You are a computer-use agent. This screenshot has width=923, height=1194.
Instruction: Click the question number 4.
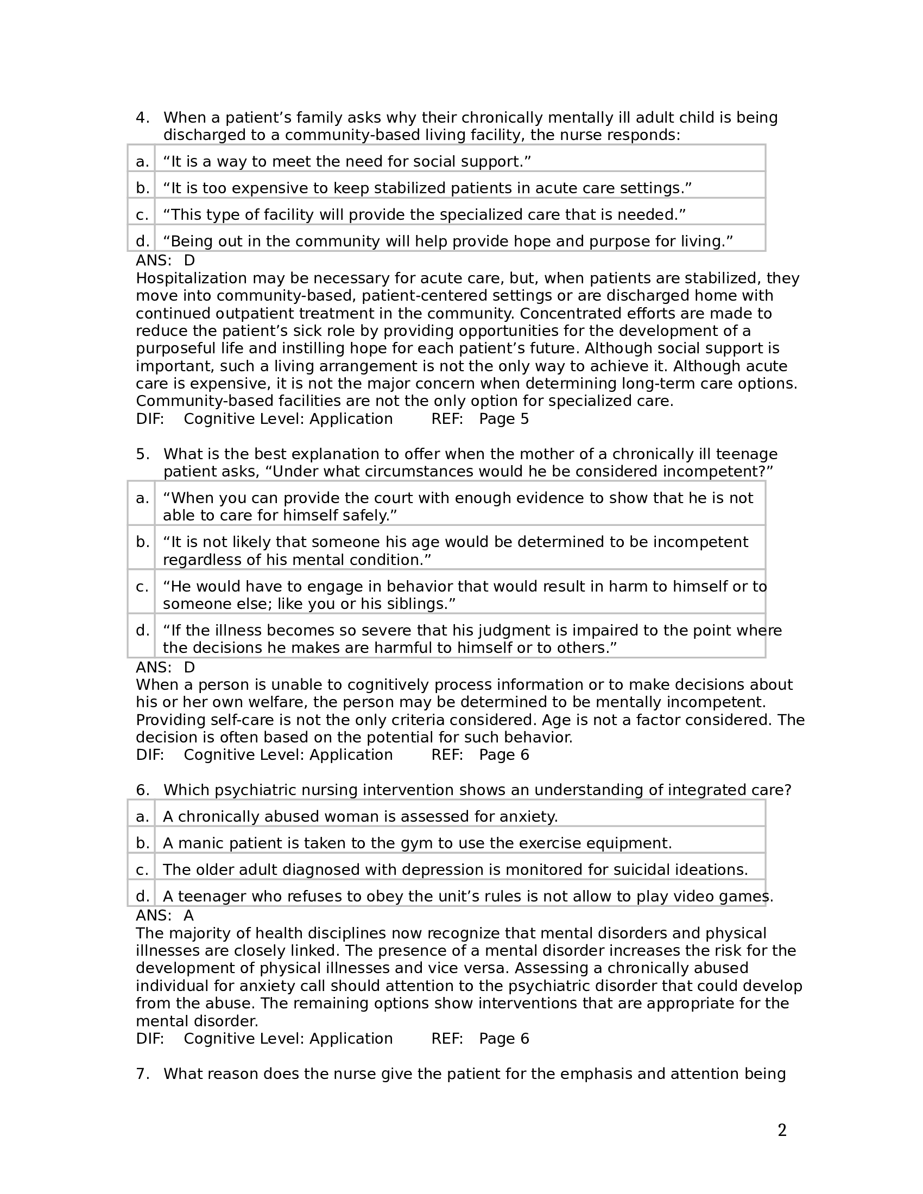142,118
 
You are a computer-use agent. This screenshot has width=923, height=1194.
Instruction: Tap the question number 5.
142,454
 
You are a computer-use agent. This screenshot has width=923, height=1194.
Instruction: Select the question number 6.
142,790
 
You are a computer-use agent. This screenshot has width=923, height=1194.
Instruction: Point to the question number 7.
142,1074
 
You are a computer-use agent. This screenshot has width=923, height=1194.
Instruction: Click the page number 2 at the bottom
782,1130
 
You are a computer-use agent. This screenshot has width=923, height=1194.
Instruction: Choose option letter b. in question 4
142,188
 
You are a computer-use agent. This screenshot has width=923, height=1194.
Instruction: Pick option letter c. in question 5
142,587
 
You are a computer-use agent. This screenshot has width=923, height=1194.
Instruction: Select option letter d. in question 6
142,896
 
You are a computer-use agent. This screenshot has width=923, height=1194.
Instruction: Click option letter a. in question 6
142,817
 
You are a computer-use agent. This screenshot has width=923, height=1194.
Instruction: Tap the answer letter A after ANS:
188,915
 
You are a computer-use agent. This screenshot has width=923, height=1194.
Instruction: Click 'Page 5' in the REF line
504,419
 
